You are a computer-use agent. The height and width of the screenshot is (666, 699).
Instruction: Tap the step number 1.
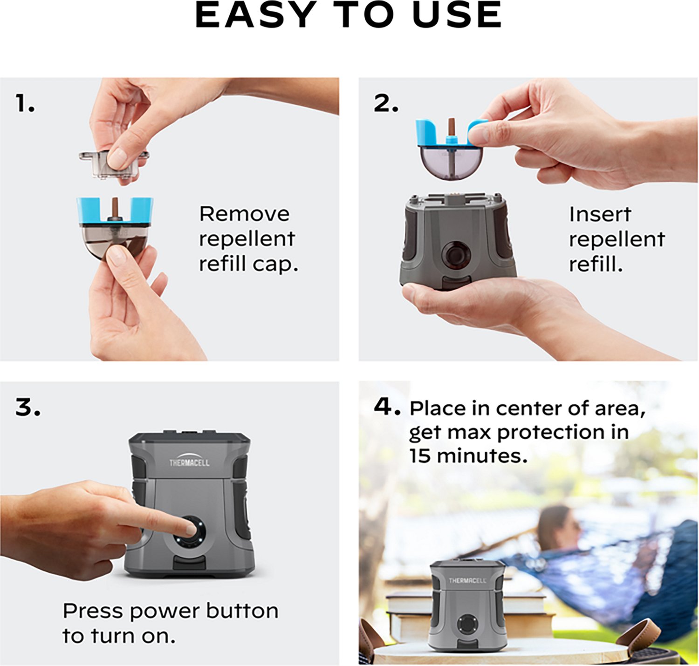click(25, 103)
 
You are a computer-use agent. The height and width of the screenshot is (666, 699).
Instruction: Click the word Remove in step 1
click(244, 214)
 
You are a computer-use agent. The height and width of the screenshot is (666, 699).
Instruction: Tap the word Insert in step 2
click(600, 215)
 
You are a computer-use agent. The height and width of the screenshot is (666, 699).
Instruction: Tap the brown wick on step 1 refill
click(115, 208)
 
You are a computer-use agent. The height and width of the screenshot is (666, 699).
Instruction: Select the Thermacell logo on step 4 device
click(467, 580)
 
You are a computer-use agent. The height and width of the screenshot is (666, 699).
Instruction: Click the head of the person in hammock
click(556, 527)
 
